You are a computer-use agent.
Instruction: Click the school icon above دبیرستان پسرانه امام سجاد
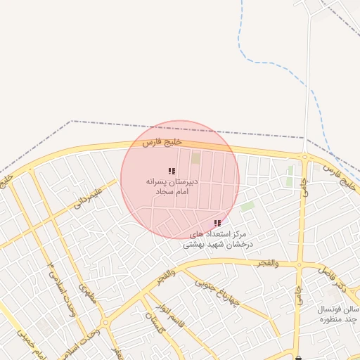coord(172,171)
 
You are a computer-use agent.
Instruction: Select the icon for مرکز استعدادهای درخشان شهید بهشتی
coord(217,223)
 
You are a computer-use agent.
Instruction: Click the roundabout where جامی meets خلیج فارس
coord(305,156)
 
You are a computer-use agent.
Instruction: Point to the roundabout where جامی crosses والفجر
coord(300,265)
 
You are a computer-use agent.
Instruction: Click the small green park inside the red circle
coord(196,158)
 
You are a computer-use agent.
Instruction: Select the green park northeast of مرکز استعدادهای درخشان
coord(247,207)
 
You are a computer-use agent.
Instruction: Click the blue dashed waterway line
coord(281,67)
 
